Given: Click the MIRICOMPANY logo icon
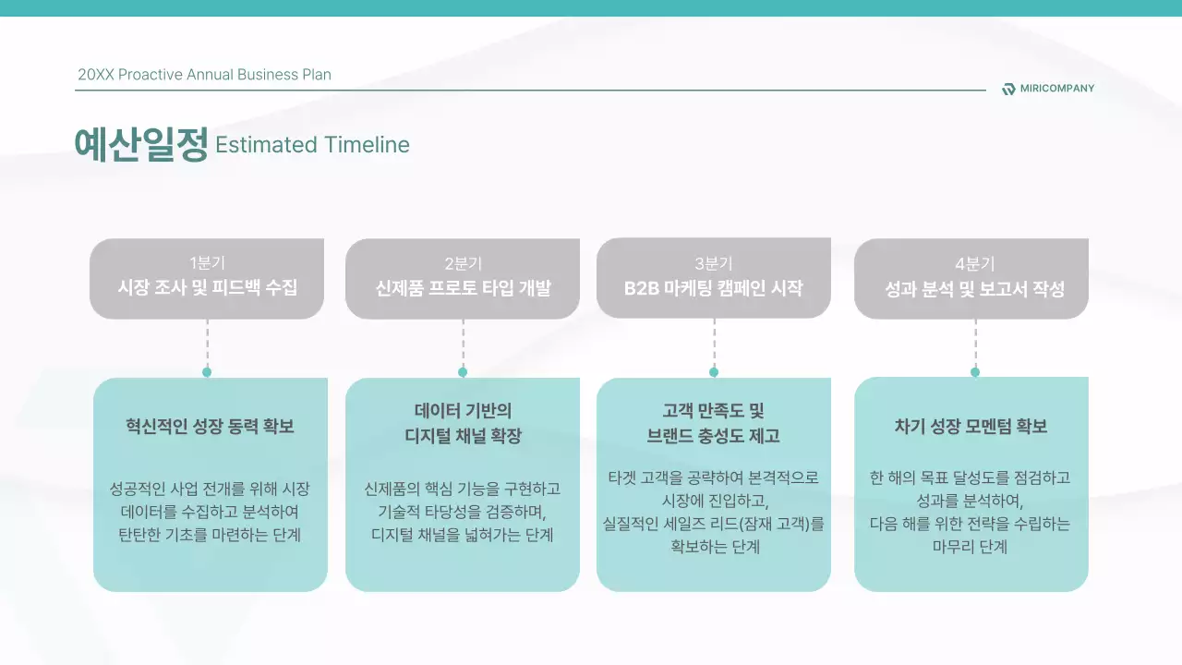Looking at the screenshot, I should point(1008,89).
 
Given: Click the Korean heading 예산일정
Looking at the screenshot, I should point(141,145).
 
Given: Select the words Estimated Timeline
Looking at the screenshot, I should point(312,145).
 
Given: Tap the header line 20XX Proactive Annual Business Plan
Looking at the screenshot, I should point(204,75).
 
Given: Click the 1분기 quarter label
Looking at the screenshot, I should point(207,263).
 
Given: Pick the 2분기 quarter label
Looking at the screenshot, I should point(463,263).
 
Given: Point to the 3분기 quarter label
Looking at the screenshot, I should point(714,263).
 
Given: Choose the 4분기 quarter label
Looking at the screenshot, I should point(975,263).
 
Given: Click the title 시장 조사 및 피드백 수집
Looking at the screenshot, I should point(207,288).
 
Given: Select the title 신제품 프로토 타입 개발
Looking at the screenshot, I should point(463,288).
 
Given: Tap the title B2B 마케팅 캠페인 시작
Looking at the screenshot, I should point(714,288).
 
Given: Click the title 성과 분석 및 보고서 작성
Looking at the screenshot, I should point(975,289).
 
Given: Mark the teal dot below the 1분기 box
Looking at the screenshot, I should point(207,372).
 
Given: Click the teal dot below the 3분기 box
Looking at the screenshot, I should point(714,372).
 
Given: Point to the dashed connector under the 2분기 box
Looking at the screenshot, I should point(463,344).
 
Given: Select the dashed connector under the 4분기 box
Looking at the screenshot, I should point(975,344).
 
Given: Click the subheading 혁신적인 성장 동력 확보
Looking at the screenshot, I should point(210,427).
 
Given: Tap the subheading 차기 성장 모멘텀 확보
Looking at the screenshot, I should point(971,427).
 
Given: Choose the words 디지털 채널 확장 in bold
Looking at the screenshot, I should point(463,436).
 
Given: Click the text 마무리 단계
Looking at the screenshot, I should point(971,547).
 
